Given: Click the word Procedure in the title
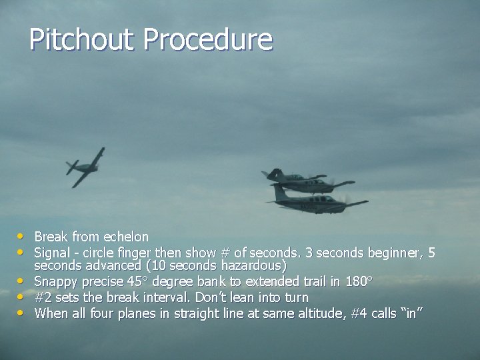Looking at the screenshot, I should click(207, 40).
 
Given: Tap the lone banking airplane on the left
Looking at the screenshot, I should click(85, 167).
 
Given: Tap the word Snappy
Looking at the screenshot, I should click(55, 281).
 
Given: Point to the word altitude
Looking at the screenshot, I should click(321, 313).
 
